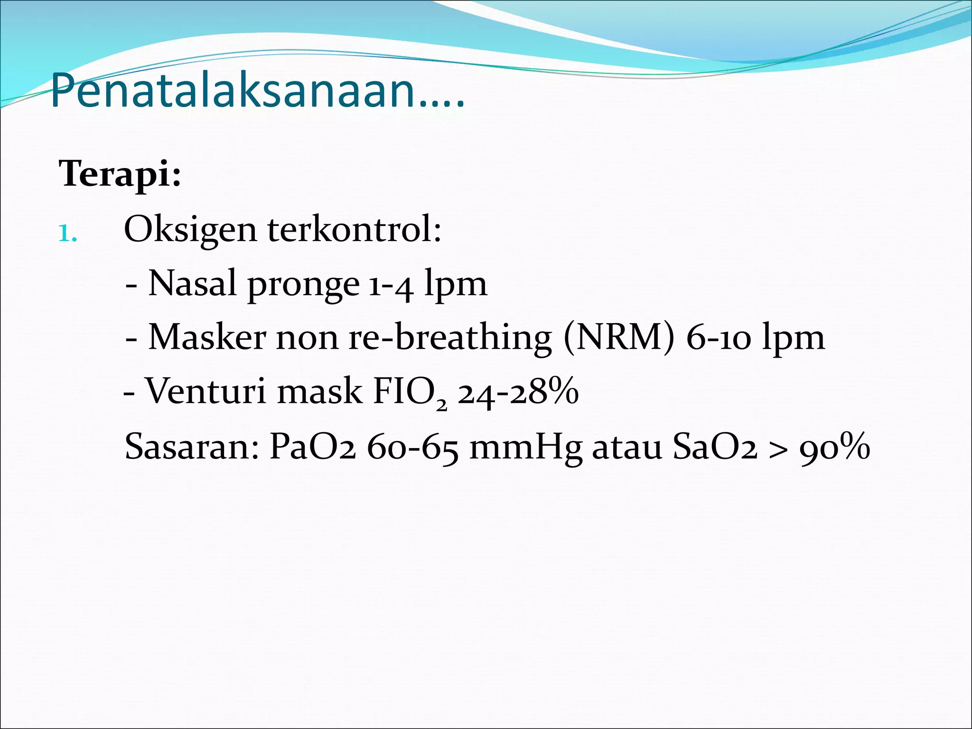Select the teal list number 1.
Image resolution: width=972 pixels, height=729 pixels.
tap(67, 233)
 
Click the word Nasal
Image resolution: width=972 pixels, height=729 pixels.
tap(192, 284)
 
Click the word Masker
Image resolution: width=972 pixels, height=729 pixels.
tap(207, 338)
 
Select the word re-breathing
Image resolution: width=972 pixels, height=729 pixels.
tap(450, 338)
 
